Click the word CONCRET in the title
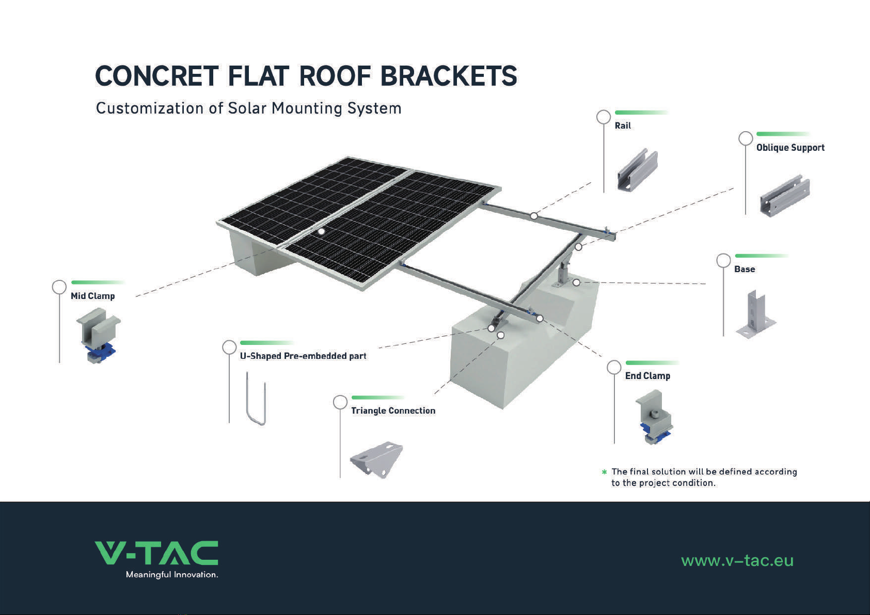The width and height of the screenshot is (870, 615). pyautogui.click(x=157, y=76)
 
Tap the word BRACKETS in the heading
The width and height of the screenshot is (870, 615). pyautogui.click(x=449, y=76)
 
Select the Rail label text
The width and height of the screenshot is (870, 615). pyautogui.click(x=623, y=125)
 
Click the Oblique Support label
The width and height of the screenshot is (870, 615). pyautogui.click(x=790, y=148)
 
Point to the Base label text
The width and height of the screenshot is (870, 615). pyautogui.click(x=745, y=269)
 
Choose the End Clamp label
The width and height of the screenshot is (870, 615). pyautogui.click(x=647, y=376)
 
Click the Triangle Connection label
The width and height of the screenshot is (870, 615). pyautogui.click(x=393, y=411)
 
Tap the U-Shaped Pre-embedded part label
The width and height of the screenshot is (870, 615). pyautogui.click(x=303, y=356)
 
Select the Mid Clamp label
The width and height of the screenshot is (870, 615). pyautogui.click(x=93, y=296)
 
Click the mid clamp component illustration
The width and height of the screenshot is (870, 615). pyautogui.click(x=98, y=335)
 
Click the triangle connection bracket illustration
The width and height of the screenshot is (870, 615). pyautogui.click(x=376, y=459)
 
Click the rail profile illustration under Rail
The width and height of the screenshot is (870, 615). pyautogui.click(x=637, y=170)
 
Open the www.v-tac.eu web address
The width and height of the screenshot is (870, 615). pyautogui.click(x=737, y=561)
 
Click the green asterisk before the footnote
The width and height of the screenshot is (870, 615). pyautogui.click(x=604, y=472)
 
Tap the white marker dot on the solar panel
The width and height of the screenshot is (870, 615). pyautogui.click(x=321, y=231)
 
